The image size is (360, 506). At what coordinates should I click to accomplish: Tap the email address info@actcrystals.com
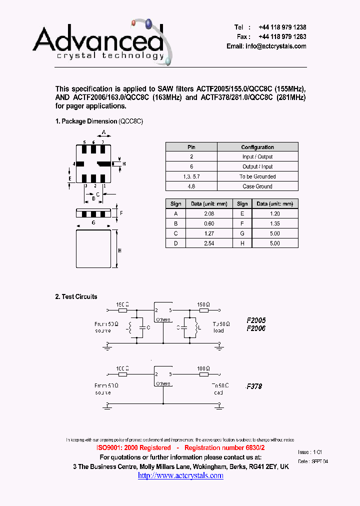click(x=266, y=46)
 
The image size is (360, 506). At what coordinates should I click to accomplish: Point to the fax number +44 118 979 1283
click(x=282, y=36)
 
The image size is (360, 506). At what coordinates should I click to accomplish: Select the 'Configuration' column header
click(x=257, y=147)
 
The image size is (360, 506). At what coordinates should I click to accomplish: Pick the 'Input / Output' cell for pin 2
click(x=257, y=157)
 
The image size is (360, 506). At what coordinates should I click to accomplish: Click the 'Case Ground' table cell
click(x=257, y=186)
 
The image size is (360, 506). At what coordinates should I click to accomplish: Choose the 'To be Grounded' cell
click(x=257, y=176)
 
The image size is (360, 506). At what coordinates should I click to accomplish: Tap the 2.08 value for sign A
click(x=208, y=213)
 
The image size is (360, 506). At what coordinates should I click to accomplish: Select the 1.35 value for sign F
click(x=274, y=223)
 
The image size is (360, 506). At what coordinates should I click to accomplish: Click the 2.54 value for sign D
click(x=208, y=243)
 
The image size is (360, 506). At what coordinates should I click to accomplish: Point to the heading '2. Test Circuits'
click(x=76, y=296)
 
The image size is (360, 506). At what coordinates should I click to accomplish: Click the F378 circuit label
click(x=254, y=386)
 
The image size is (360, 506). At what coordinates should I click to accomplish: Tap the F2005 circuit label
click(x=256, y=320)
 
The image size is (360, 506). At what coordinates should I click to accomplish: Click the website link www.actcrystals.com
click(x=180, y=475)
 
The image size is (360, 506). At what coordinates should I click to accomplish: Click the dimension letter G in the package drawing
click(x=93, y=223)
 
